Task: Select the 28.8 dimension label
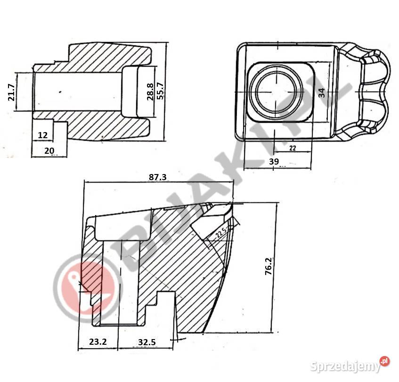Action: coord(150,91)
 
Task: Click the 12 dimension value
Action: coord(42,135)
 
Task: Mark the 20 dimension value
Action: coord(49,150)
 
